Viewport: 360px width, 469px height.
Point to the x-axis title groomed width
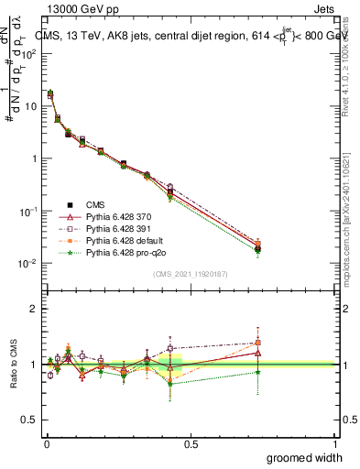(x=305, y=457)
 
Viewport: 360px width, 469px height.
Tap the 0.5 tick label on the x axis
(x=191, y=443)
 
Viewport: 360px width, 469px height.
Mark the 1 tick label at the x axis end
(x=335, y=443)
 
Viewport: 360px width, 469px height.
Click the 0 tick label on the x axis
(x=45, y=443)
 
